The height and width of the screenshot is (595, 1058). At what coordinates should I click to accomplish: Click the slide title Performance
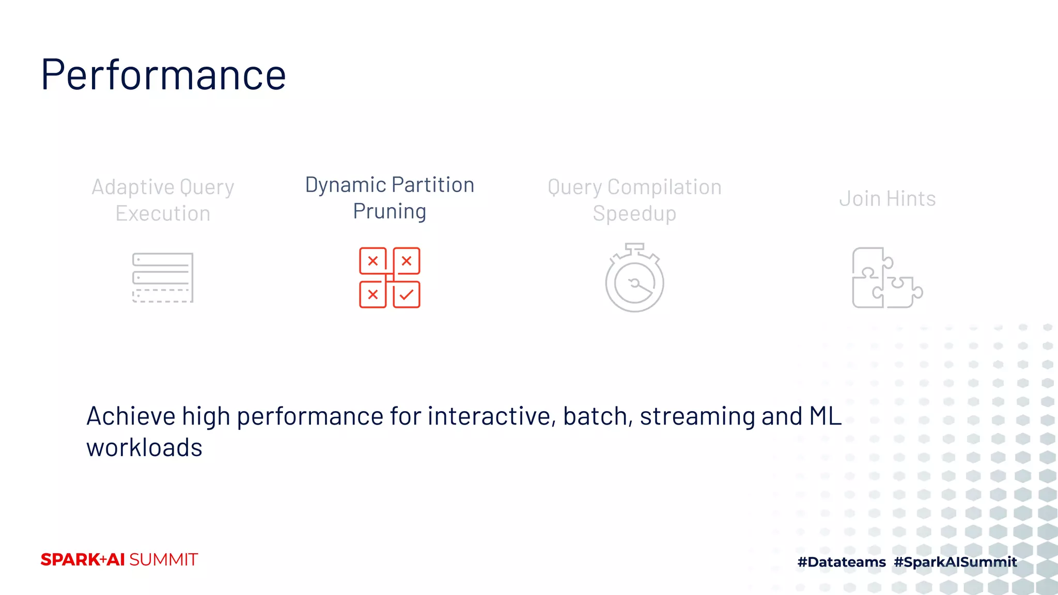(x=163, y=75)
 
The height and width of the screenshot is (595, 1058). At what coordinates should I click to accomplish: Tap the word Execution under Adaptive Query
(x=163, y=213)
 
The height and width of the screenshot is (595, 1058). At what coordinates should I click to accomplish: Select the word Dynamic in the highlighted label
(x=345, y=185)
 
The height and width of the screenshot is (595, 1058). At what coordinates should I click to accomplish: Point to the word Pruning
(x=390, y=211)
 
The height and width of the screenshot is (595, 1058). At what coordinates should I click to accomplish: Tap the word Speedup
(x=634, y=213)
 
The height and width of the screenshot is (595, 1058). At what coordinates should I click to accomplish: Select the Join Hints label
(x=887, y=199)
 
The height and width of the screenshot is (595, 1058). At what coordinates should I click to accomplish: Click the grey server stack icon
(x=163, y=277)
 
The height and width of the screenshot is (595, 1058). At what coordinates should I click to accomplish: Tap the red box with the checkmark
(x=407, y=295)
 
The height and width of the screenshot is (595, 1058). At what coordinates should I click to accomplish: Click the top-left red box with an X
(x=372, y=261)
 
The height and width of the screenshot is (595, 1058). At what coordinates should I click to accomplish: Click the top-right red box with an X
(x=407, y=261)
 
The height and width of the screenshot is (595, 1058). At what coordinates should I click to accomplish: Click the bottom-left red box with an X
(x=372, y=295)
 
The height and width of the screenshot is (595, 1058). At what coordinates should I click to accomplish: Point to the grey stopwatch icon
(x=634, y=279)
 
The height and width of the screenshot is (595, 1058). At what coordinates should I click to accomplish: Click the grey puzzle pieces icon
(x=886, y=278)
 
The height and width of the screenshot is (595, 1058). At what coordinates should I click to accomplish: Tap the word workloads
(x=144, y=447)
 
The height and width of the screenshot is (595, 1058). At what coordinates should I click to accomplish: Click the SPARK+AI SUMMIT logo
(x=119, y=559)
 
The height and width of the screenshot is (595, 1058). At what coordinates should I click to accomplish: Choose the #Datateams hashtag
(x=841, y=562)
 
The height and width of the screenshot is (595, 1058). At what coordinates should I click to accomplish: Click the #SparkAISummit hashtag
(x=955, y=562)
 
